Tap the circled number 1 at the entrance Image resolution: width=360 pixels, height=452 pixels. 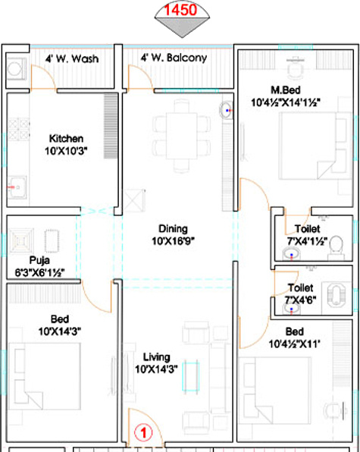point(140,435)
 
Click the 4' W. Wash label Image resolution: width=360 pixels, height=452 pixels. point(72,58)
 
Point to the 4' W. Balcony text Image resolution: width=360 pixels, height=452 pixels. point(174,58)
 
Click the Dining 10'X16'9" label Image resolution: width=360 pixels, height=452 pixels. point(173,234)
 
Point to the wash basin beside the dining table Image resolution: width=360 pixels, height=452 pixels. point(226,111)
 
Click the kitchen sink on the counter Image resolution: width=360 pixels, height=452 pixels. point(16,184)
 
